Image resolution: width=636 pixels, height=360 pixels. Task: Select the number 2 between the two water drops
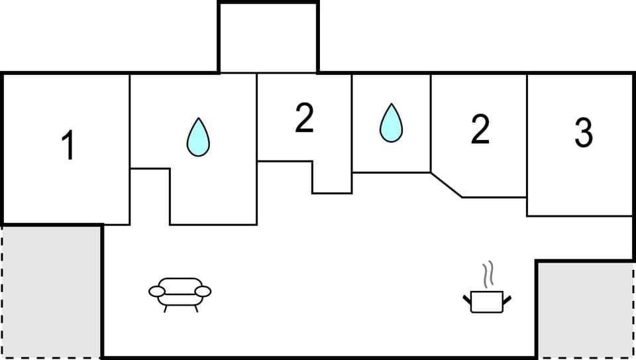click(x=303, y=119)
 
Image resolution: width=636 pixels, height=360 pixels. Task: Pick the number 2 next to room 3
click(x=480, y=130)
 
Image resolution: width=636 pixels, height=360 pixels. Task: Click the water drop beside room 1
click(x=197, y=139)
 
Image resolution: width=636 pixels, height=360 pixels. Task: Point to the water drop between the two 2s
click(x=391, y=124)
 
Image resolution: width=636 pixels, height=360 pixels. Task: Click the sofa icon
click(x=180, y=292)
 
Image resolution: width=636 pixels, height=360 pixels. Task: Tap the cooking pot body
click(x=487, y=302)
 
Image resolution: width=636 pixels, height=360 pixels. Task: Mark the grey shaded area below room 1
click(x=52, y=292)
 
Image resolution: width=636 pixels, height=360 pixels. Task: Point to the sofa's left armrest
click(x=157, y=291)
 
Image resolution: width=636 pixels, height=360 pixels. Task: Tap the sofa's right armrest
click(x=203, y=291)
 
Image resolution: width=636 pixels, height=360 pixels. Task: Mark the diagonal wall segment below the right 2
click(x=447, y=185)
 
